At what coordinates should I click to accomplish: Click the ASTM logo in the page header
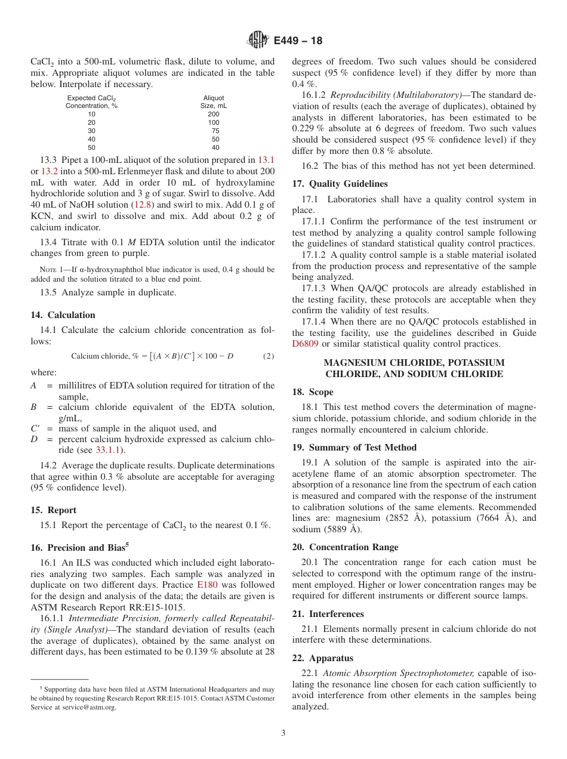pos(258,41)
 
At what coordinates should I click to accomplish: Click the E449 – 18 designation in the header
pos(298,41)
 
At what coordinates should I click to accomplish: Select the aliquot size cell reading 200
pos(214,114)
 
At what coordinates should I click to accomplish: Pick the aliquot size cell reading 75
pos(215,131)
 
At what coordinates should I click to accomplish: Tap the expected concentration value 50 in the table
pos(91,147)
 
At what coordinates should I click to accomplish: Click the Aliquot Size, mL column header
pos(214,102)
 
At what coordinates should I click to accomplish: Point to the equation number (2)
pos(269,356)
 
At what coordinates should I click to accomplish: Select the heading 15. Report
pos(53,510)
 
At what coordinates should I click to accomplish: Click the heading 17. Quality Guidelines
pos(340,184)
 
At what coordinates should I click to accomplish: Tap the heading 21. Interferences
pos(328,614)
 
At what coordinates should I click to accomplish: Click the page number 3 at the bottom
pos(283,733)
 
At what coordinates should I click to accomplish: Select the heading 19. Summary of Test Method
pos(355,448)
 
